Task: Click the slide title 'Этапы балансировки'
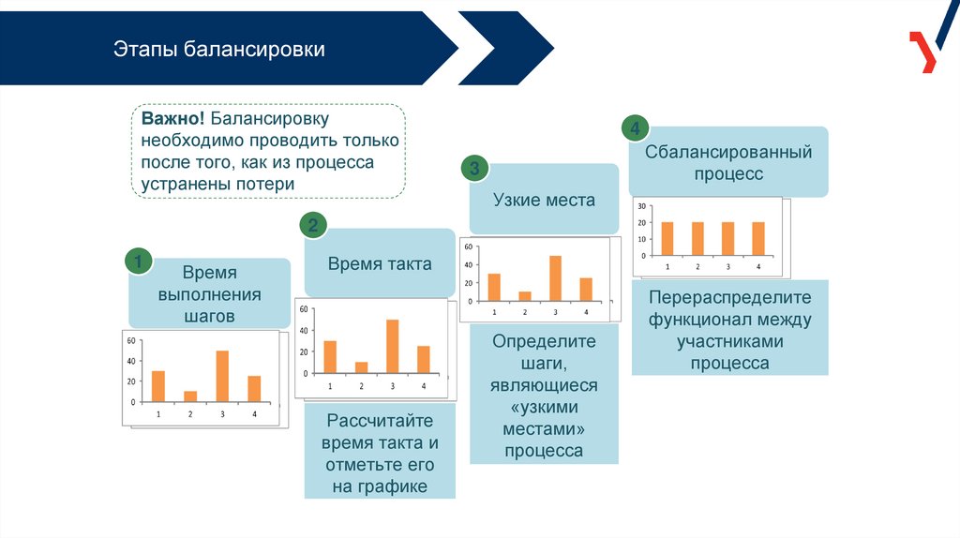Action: [x=219, y=49]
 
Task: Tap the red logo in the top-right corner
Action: [x=922, y=51]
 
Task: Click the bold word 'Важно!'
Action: [x=173, y=120]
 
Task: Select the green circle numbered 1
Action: [x=139, y=262]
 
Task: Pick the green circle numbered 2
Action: [x=313, y=225]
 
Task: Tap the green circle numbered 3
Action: [x=474, y=169]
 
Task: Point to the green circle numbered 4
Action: [x=636, y=129]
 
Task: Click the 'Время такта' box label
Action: [x=380, y=263]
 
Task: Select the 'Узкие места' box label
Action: [x=544, y=200]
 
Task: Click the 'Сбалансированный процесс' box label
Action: [x=728, y=162]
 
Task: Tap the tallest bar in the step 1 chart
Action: [x=222, y=376]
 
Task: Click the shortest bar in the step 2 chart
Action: [x=362, y=367]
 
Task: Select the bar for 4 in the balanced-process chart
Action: [x=758, y=238]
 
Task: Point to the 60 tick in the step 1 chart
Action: [x=131, y=341]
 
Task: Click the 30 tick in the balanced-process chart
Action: [x=641, y=205]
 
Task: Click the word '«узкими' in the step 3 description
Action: [x=544, y=407]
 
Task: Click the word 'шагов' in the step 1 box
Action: [x=209, y=317]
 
